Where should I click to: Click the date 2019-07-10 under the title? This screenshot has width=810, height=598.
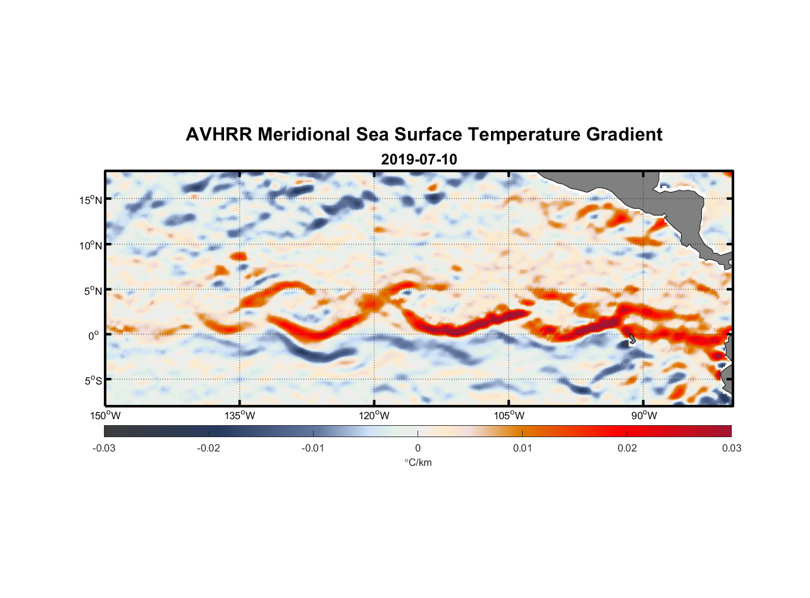pos(419,160)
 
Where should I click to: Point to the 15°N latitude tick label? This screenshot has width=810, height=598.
pos(90,200)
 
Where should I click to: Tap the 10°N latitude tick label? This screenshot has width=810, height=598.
pos(90,245)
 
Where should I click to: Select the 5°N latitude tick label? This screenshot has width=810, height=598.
pos(93,291)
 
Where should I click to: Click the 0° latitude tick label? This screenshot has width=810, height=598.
pos(94,335)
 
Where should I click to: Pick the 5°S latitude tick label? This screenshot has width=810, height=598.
pos(93,380)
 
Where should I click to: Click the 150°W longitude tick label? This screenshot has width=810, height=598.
pos(105,416)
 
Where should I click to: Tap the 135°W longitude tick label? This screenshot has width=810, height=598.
pos(240,416)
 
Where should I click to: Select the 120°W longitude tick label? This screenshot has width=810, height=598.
pos(375,416)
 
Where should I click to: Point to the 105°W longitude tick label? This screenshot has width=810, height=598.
pos(509,416)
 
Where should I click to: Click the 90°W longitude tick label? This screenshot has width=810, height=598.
pos(643,416)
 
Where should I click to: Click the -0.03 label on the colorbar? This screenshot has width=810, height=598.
pos(104,448)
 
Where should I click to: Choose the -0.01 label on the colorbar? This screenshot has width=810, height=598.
pos(313,448)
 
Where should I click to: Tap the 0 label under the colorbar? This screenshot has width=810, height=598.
pos(418,448)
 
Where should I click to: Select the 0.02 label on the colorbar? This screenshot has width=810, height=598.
pos(627,448)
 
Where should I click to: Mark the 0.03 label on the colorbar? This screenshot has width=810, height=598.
pos(731,448)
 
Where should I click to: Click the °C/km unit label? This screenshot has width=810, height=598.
pos(418,462)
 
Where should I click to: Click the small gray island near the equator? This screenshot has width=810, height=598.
pos(631,340)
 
